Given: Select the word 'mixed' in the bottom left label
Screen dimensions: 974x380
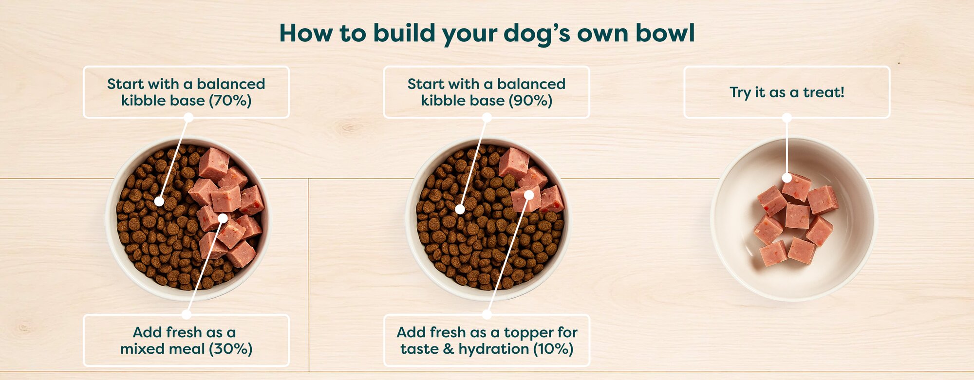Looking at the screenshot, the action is (141, 349).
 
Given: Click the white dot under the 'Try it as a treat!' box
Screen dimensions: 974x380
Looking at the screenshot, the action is (787, 118).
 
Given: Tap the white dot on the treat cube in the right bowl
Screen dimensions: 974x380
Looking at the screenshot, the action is (787, 178).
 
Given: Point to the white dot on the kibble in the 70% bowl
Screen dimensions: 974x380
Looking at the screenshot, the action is (159, 201).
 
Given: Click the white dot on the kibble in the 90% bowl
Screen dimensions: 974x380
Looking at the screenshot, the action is (460, 210).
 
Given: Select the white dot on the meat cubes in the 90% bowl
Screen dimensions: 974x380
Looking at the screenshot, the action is (529, 195).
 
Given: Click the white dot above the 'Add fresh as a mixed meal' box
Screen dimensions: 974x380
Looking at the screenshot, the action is (187, 314).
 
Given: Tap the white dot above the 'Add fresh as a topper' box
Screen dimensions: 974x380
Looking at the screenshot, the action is (487, 314).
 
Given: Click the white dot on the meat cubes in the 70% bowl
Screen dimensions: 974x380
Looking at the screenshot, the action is (223, 218).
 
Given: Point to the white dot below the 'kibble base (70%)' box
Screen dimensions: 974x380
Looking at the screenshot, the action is (188, 118).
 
